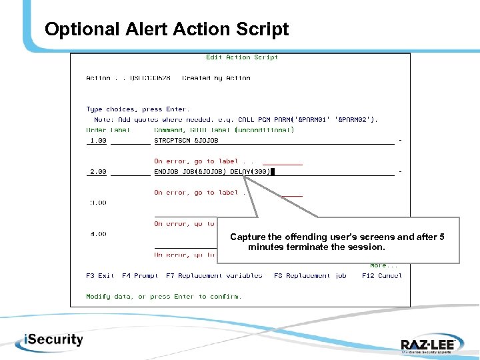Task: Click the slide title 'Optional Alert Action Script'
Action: coord(167,30)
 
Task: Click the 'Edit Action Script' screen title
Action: coord(242,57)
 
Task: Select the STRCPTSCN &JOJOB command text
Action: coord(186,141)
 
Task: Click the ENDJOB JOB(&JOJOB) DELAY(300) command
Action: coord(212,172)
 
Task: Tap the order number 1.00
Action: coord(98,141)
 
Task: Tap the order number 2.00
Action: coord(98,172)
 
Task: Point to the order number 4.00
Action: coord(98,234)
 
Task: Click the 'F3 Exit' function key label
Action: coord(100,275)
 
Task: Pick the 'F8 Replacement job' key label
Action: coord(310,275)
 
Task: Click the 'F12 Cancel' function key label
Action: coord(381,275)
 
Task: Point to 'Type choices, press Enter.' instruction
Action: coord(137,109)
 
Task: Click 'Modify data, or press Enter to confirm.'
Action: coord(164,297)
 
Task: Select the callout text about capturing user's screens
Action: coord(337,242)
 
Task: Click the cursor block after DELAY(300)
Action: coord(273,172)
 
